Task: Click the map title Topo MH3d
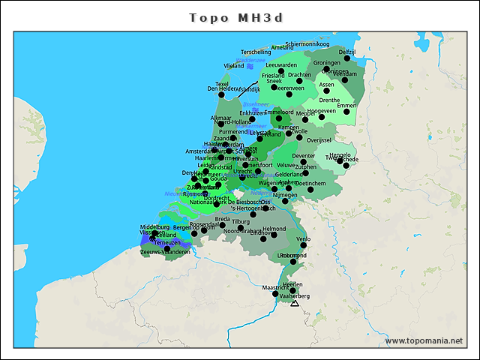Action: click(x=239, y=16)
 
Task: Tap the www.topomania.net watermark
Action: click(x=424, y=340)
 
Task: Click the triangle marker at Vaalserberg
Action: click(x=295, y=303)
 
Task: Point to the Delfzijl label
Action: click(x=347, y=52)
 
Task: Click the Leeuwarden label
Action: click(x=281, y=65)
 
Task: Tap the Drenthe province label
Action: click(x=329, y=100)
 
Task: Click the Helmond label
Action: click(x=274, y=229)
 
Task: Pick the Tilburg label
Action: click(x=241, y=222)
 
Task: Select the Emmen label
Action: click(x=346, y=106)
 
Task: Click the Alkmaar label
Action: click(x=221, y=118)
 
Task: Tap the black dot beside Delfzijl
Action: click(x=347, y=58)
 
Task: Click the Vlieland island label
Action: click(x=234, y=66)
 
